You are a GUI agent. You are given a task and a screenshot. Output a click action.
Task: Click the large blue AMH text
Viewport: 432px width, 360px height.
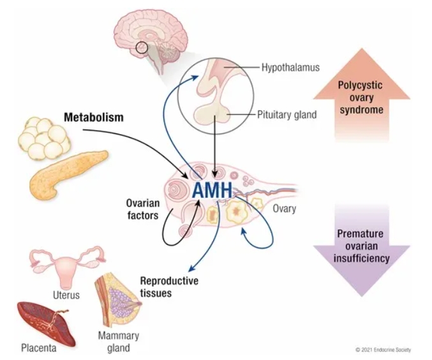(x=212, y=190)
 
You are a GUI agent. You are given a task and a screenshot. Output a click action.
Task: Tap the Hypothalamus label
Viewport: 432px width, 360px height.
(x=290, y=68)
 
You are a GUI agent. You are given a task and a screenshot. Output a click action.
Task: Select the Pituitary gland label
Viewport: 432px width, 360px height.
(x=287, y=115)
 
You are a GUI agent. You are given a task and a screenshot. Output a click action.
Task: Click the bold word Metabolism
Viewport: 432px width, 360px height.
(x=94, y=117)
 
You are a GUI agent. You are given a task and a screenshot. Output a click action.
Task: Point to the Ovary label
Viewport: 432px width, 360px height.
(x=285, y=209)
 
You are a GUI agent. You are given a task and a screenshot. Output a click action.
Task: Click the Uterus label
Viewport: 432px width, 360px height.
(x=66, y=295)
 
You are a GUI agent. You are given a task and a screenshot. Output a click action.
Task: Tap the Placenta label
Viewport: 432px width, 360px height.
(x=38, y=348)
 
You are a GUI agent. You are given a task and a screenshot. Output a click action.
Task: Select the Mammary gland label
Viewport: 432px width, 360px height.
(x=119, y=341)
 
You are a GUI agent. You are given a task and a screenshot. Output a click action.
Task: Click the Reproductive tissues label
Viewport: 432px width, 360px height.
(x=169, y=287)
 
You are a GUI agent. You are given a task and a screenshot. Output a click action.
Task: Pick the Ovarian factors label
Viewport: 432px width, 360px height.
(x=143, y=209)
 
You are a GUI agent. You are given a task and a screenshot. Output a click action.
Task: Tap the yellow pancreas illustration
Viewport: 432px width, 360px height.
(x=68, y=174)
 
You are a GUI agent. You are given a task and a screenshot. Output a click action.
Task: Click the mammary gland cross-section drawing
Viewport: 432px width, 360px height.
(x=117, y=301)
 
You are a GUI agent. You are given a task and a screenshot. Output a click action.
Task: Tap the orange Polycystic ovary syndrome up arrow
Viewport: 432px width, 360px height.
(x=361, y=94)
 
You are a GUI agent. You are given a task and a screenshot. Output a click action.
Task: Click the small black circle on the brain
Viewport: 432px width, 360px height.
(x=142, y=47)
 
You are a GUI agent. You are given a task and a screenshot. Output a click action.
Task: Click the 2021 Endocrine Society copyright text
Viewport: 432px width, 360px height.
(x=383, y=350)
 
